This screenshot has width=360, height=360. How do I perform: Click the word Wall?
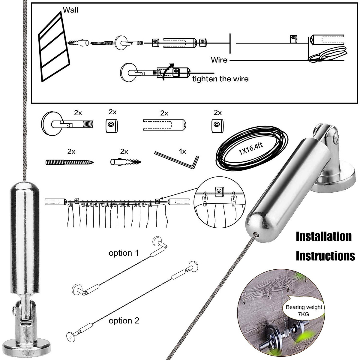(70, 10)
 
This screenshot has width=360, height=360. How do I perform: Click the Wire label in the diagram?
(219, 60)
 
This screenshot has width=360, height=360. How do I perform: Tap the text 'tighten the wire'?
(220, 79)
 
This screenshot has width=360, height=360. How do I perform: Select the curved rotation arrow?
(167, 72)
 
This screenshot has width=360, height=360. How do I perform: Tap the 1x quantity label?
(182, 151)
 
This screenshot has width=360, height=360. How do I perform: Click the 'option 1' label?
(124, 253)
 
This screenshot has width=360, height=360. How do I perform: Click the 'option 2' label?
(124, 321)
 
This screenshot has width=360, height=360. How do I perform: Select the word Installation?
(323, 236)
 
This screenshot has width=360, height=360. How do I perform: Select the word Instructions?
(325, 256)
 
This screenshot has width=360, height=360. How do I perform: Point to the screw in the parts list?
(69, 162)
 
